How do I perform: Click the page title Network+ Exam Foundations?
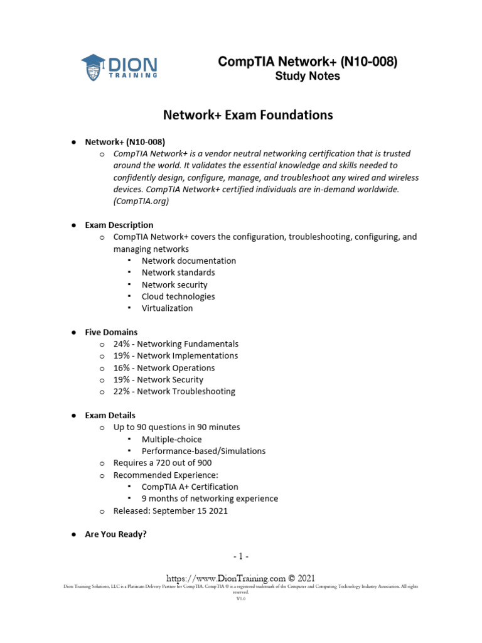248,115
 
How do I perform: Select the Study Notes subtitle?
308,76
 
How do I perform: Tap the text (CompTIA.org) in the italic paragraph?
141,202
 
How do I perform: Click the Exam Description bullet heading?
119,225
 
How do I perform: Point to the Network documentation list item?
188,261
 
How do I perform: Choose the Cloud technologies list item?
178,296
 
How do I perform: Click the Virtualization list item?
167,308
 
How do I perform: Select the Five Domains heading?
111,332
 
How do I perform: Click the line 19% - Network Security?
158,379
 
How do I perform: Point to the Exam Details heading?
110,415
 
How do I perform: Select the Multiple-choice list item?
171,439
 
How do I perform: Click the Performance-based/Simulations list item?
203,451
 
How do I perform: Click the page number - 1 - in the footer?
241,556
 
